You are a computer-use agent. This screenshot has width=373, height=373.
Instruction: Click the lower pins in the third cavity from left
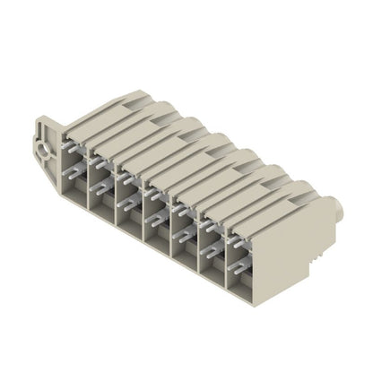point(131,203)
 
